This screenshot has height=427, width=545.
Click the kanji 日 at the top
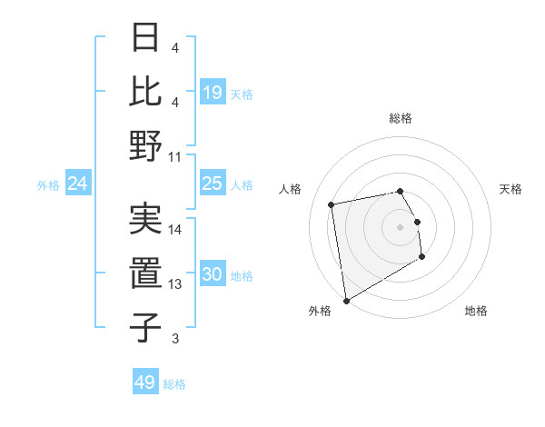[x=145, y=39]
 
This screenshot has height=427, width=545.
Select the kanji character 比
[x=145, y=91]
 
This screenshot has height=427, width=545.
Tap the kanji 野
[x=145, y=145]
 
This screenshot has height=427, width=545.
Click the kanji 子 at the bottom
[x=145, y=327]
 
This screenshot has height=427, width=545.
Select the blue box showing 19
[x=213, y=93]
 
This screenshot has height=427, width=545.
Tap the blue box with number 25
[x=213, y=184]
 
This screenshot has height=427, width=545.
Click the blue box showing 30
[x=213, y=274]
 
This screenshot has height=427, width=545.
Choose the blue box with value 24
[x=78, y=184]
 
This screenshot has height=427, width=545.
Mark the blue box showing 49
[x=145, y=382]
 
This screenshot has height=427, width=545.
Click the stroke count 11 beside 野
[x=175, y=157]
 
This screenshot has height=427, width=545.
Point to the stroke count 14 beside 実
[x=175, y=230]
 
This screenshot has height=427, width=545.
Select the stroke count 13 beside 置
[x=175, y=284]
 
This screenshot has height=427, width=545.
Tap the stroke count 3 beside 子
[x=175, y=339]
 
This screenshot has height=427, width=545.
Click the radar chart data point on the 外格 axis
[x=346, y=300]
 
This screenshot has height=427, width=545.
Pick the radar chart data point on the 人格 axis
[x=332, y=204]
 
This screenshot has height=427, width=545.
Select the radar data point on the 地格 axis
[x=421, y=257]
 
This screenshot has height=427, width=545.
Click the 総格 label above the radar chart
[x=400, y=118]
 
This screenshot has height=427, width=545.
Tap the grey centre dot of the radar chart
[x=400, y=226]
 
